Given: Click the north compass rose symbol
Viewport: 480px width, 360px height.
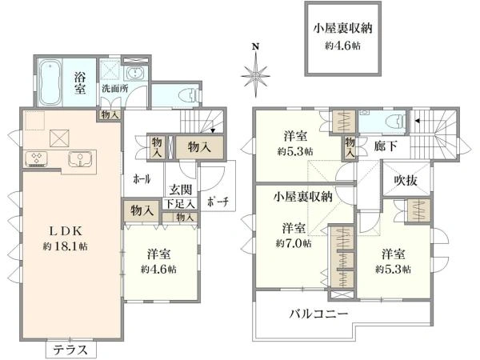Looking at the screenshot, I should (x=255, y=76).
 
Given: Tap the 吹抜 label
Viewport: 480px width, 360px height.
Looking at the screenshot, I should (x=404, y=180).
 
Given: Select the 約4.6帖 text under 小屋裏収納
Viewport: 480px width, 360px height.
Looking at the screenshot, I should (x=342, y=47).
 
